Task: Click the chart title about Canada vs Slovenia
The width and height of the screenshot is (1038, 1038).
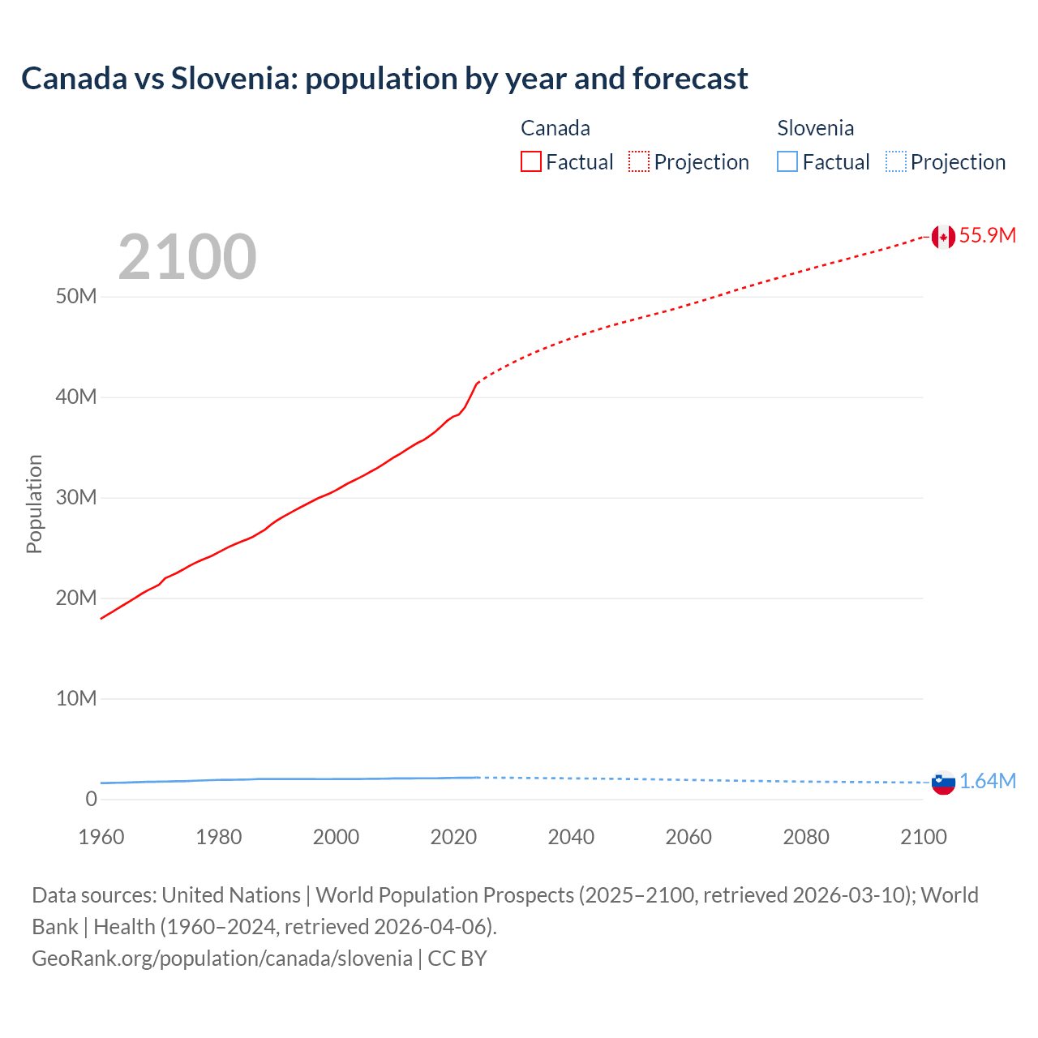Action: pos(384,79)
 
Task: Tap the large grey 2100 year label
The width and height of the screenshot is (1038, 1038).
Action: pos(187,257)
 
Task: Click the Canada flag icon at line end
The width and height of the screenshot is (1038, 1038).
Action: pos(943,236)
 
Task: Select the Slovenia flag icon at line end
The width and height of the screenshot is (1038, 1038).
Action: pos(943,783)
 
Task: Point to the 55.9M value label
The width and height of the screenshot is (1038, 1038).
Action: pos(987,235)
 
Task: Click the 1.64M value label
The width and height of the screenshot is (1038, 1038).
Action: pos(987,781)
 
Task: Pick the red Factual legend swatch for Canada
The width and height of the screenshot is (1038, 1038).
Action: pos(531,162)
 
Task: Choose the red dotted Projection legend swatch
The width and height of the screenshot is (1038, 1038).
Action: pos(639,162)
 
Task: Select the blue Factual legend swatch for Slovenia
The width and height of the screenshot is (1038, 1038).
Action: pos(787,162)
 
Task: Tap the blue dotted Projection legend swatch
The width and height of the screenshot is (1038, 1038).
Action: pos(896,162)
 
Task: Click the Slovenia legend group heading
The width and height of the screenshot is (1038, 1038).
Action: pos(815,128)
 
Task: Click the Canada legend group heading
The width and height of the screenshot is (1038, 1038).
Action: pos(555,128)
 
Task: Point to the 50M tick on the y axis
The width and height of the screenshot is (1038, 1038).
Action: pos(76,296)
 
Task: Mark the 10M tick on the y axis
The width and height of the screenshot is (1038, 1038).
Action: pos(76,698)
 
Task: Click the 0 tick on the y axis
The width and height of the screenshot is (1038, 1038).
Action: pos(91,799)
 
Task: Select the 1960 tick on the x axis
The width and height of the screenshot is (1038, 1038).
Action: pos(101,837)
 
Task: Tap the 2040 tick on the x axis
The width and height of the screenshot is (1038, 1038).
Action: pos(571,837)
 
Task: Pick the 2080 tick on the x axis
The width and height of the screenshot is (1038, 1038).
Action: pos(806,837)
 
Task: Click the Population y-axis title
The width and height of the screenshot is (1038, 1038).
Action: pos(34,504)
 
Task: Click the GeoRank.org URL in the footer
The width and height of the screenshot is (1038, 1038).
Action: pos(222,959)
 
